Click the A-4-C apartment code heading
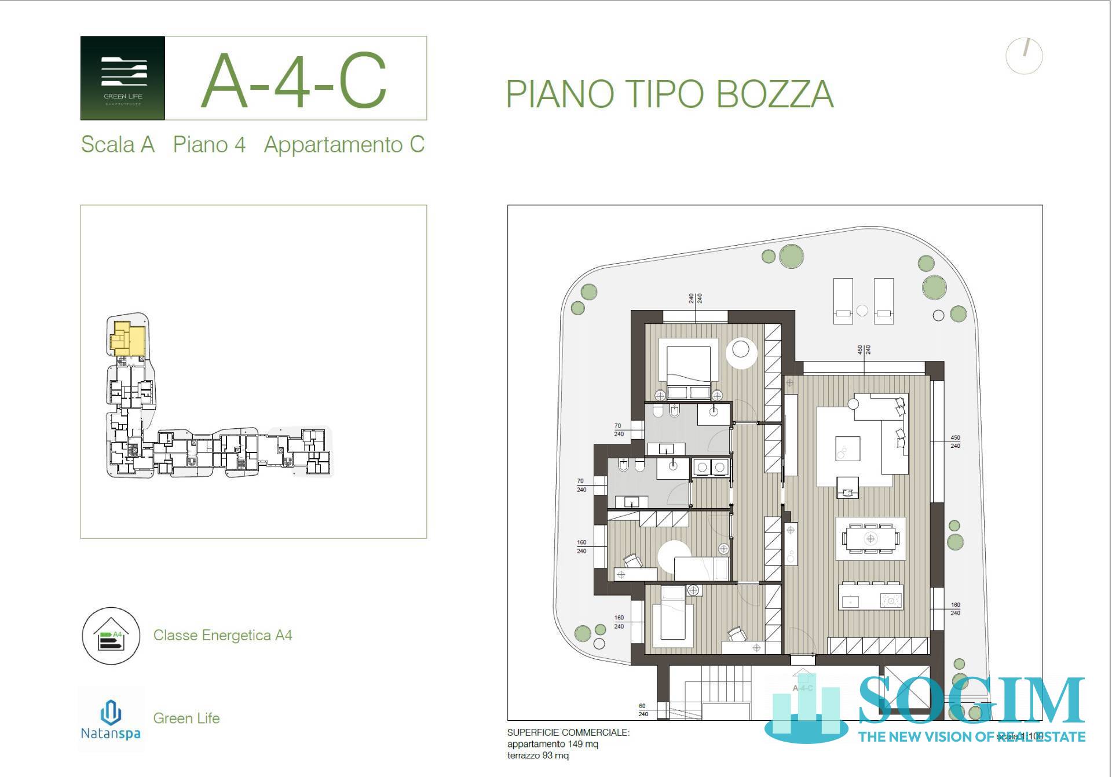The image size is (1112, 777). (x=294, y=81)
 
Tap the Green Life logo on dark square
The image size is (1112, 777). (x=123, y=78)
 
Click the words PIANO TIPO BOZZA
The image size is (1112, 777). (x=670, y=94)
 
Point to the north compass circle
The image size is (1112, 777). (x=1024, y=56)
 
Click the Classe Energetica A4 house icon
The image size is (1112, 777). (x=111, y=636)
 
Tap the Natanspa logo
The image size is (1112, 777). (x=111, y=719)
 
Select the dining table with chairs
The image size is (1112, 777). (x=870, y=539)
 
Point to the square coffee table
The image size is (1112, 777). (x=847, y=448)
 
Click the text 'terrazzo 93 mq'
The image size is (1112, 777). (x=537, y=756)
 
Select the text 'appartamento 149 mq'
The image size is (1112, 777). (x=553, y=744)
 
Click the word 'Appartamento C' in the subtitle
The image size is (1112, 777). (x=344, y=144)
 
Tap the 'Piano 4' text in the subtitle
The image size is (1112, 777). (x=209, y=144)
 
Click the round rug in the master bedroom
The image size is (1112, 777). (x=741, y=351)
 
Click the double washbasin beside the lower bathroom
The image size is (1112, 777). (x=711, y=467)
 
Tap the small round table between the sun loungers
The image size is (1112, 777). (x=862, y=311)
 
